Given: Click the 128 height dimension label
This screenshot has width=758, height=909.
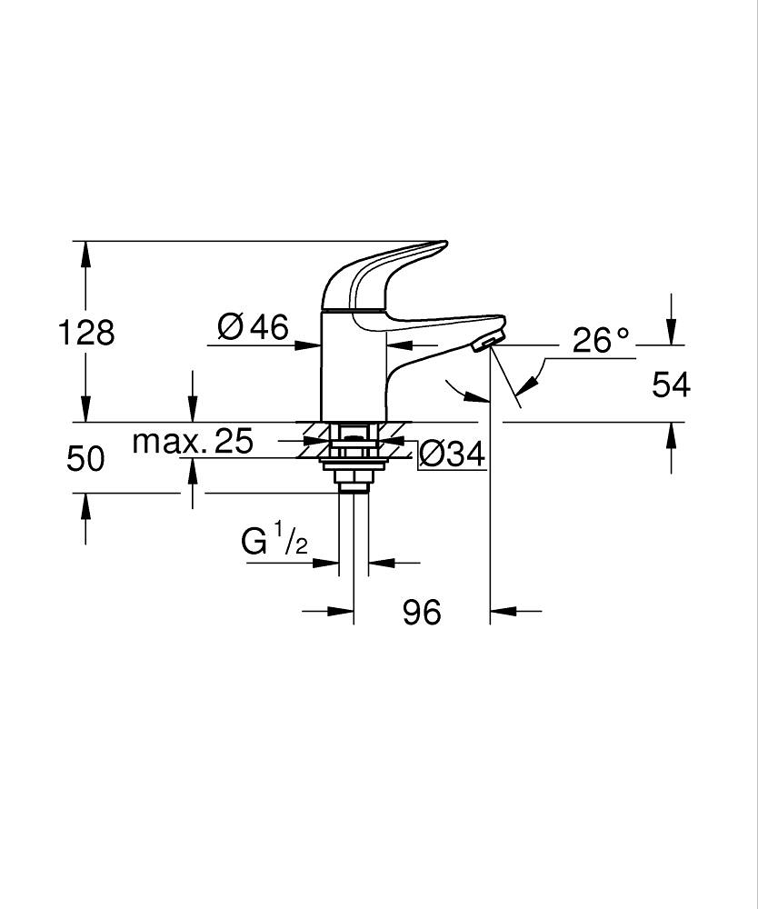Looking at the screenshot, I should pos(86,333).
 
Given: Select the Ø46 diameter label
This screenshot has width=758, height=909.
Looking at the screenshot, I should pos(254,325).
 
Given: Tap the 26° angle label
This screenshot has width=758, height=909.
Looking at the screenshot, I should pos(600,341).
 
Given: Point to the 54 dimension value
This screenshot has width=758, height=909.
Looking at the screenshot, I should pos(671,385).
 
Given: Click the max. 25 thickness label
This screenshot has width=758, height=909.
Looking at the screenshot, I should pos(192,442).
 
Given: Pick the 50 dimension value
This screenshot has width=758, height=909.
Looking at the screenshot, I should pos(85,459).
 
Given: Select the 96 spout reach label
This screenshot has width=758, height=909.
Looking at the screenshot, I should pos(422,613).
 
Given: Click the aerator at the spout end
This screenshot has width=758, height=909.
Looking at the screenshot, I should pos(488,342).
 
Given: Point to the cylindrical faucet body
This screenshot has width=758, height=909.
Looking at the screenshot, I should pos(354,368).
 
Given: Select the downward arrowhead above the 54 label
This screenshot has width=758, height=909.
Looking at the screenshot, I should pos(671,335).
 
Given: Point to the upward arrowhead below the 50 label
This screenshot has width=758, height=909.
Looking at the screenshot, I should pos(85,504).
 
